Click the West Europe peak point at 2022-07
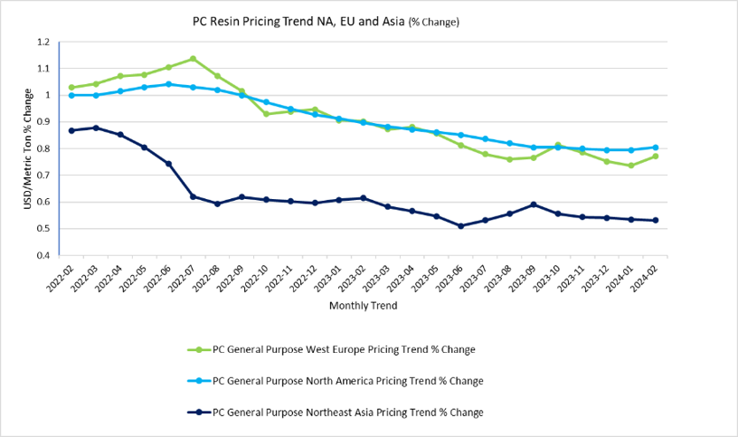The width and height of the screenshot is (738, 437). (x=193, y=59)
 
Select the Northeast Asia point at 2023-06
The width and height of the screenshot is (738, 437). (x=460, y=226)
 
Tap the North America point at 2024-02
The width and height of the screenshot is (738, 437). (x=655, y=147)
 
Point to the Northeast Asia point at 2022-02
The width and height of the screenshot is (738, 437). (x=71, y=130)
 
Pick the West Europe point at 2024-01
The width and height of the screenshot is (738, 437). (x=630, y=166)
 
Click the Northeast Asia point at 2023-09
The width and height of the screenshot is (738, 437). (x=534, y=204)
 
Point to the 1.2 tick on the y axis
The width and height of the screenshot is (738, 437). (x=43, y=43)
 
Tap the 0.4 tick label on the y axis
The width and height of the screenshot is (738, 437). (x=43, y=255)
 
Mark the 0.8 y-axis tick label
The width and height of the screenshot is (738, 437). (x=43, y=148)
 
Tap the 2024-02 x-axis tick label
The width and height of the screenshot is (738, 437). (x=646, y=278)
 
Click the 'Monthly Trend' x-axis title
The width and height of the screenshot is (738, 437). (x=363, y=306)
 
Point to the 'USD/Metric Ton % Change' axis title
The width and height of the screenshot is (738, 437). (x=28, y=148)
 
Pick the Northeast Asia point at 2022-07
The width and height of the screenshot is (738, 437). (x=193, y=196)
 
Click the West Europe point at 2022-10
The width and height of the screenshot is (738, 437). (x=266, y=114)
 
